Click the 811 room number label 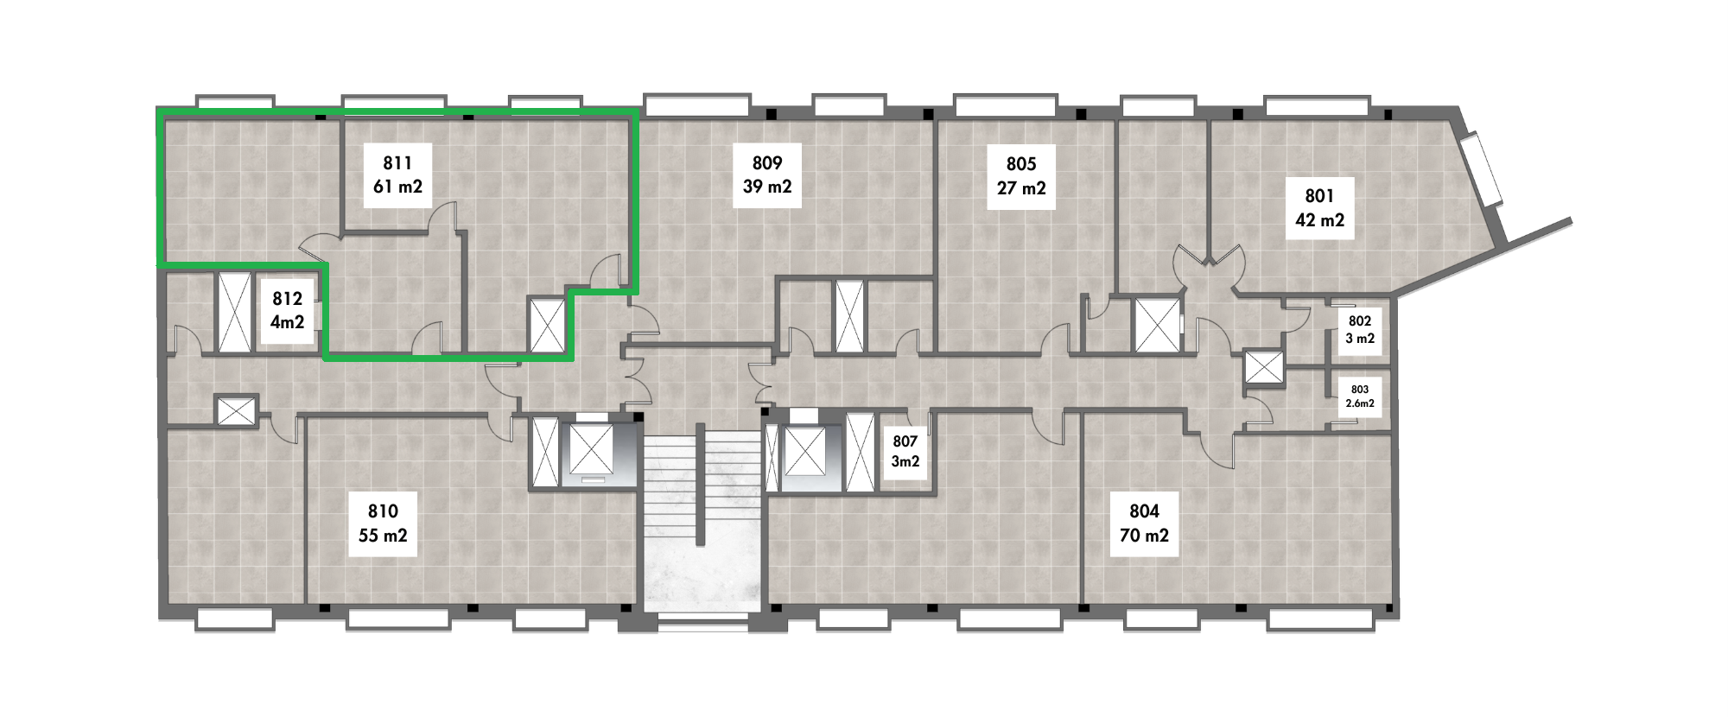tap(397, 162)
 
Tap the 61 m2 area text tap(397, 186)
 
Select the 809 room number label tap(767, 162)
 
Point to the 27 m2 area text tap(1021, 187)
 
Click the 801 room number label tap(1319, 196)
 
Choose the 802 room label tap(1360, 320)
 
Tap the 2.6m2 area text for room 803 tap(1360, 403)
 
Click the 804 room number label tap(1144, 511)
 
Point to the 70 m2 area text tap(1144, 536)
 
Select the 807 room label tap(905, 441)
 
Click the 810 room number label tap(383, 511)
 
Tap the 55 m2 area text tap(383, 536)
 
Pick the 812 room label tap(287, 299)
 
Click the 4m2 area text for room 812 tap(287, 322)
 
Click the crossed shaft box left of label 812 tap(234, 313)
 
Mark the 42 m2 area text tap(1319, 220)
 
